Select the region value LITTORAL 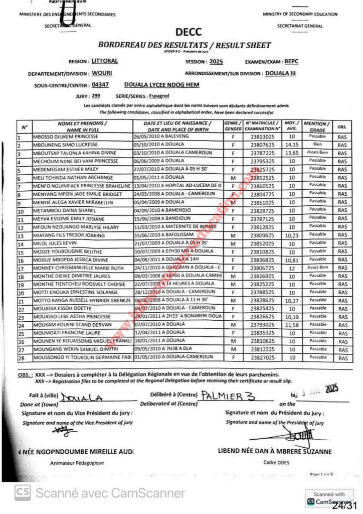coord(105,61)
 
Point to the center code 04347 coord(100,85)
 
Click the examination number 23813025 coord(262,137)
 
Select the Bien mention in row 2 coord(317,145)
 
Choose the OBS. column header coord(342,126)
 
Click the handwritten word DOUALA coord(82,398)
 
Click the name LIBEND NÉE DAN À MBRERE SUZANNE coord(275,451)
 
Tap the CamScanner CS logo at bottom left coord(21,492)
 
